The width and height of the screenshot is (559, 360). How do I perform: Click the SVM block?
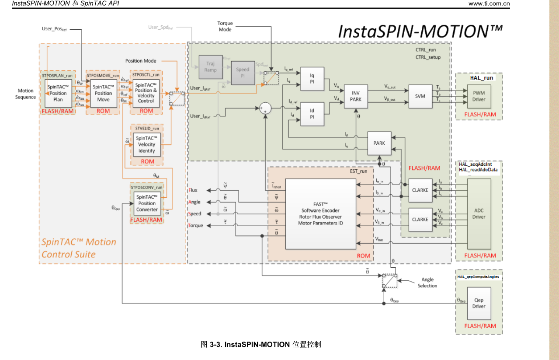click(420, 96)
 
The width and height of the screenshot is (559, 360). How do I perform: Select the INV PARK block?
click(356, 96)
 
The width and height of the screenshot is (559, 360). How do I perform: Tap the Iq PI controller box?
click(312, 79)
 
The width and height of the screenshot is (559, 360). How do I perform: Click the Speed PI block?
click(243, 73)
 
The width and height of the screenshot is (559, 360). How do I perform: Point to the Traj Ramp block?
click(210, 67)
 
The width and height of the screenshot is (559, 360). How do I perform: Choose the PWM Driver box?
click(479, 96)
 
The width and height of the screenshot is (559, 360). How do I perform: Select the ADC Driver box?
click(479, 213)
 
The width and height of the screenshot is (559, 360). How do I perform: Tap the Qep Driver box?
click(479, 303)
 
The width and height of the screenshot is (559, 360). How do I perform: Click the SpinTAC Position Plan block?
click(58, 93)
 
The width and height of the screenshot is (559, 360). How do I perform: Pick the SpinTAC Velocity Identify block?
click(146, 144)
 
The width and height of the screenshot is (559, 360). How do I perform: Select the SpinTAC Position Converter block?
click(147, 203)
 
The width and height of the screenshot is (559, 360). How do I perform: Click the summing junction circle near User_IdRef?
click(264, 109)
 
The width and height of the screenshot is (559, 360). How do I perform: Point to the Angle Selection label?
click(427, 283)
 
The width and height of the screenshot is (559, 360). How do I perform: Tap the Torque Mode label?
click(225, 26)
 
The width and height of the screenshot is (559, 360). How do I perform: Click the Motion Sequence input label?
click(26, 94)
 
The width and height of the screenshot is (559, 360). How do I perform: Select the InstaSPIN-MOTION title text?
click(420, 31)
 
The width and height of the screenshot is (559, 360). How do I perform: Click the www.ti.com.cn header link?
click(489, 3)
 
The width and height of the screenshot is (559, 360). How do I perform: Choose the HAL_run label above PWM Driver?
click(481, 77)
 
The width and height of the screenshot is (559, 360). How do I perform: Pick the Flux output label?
click(193, 190)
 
